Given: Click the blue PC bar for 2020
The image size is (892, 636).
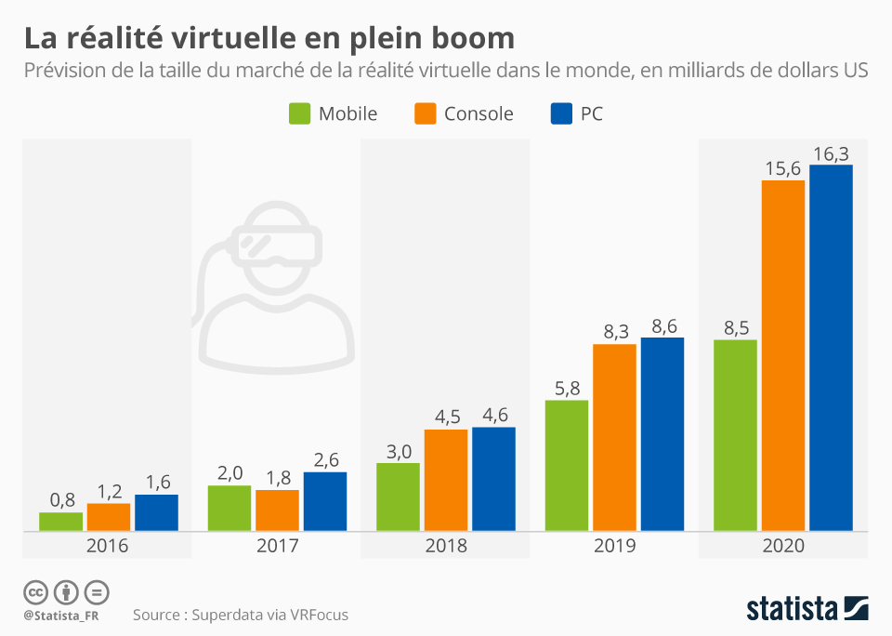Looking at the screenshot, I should click(831, 348).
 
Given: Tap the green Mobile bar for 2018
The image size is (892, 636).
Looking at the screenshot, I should click(398, 497).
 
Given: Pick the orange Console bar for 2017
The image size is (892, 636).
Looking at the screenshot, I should click(277, 510).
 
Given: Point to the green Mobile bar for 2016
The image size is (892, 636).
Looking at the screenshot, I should click(60, 522).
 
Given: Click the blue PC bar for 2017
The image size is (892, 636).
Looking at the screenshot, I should click(324, 501).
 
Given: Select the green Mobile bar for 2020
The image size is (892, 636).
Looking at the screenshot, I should click(735, 435).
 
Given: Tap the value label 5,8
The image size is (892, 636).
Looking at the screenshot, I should click(566, 388).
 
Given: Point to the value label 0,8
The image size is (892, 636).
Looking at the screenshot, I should click(61, 500).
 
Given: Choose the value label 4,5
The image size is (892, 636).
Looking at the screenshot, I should click(446, 417).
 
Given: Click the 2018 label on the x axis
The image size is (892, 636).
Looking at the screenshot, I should click(446, 546).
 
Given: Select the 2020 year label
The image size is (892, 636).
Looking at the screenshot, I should click(783, 546).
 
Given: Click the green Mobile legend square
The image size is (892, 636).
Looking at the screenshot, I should click(298, 113).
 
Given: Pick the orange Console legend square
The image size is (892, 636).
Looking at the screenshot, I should click(425, 113).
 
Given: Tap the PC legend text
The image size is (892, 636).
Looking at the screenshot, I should click(591, 114).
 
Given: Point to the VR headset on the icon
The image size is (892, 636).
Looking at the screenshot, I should click(279, 244).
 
